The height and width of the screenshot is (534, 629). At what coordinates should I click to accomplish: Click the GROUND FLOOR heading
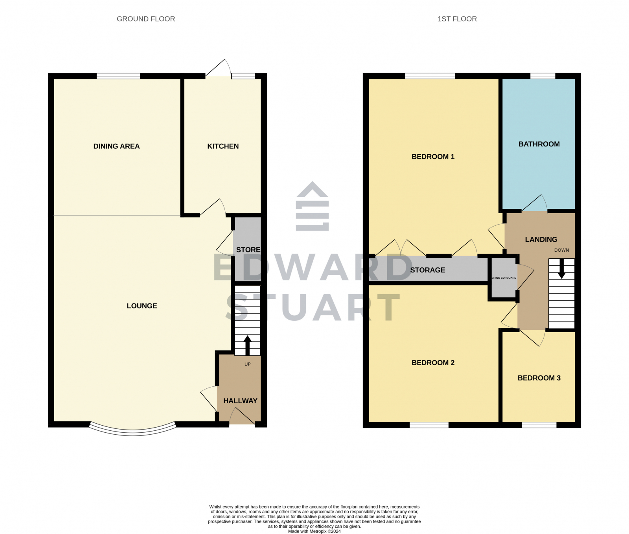(146, 19)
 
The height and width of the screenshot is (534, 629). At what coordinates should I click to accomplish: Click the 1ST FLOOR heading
(457, 19)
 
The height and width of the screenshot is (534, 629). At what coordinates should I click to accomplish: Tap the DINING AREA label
(116, 146)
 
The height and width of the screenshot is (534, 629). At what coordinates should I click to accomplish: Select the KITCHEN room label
(223, 146)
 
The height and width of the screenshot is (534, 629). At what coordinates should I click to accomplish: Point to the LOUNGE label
(142, 306)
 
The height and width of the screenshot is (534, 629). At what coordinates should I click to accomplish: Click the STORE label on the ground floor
(248, 250)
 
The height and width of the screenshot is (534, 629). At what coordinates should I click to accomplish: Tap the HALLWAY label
(240, 401)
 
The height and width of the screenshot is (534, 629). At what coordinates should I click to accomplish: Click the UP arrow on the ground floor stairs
(248, 345)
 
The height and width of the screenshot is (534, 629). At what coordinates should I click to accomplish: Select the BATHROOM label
(539, 144)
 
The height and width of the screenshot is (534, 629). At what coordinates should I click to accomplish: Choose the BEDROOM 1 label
(433, 157)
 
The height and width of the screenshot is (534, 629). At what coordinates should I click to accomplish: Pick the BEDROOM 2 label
(433, 363)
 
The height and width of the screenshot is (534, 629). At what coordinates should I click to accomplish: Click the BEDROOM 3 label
(539, 378)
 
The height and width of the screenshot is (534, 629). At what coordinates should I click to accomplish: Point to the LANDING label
(541, 240)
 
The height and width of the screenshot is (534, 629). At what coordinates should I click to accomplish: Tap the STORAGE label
(428, 270)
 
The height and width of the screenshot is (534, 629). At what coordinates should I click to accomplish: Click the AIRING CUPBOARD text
(504, 278)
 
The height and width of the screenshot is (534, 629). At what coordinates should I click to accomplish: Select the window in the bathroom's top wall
(543, 76)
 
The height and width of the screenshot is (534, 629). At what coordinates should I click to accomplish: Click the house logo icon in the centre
(312, 206)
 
